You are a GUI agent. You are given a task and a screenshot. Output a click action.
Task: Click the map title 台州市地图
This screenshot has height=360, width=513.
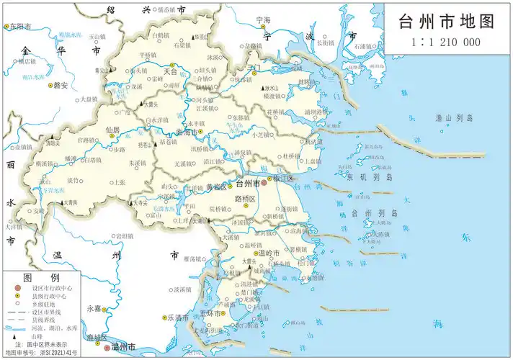click(447, 21)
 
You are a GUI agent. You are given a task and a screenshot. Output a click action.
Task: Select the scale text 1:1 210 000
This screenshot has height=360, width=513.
click(446, 42)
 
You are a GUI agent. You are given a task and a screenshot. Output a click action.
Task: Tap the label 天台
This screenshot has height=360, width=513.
click(170, 72)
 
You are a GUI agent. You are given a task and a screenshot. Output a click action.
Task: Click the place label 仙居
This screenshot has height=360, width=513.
click(112, 130)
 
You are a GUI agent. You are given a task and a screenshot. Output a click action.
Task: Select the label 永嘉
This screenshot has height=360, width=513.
click(93, 308)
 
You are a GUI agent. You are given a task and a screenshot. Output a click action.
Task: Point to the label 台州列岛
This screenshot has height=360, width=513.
click(374, 214)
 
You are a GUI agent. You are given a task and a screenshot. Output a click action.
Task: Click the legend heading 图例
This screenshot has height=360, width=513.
click(37, 277)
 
